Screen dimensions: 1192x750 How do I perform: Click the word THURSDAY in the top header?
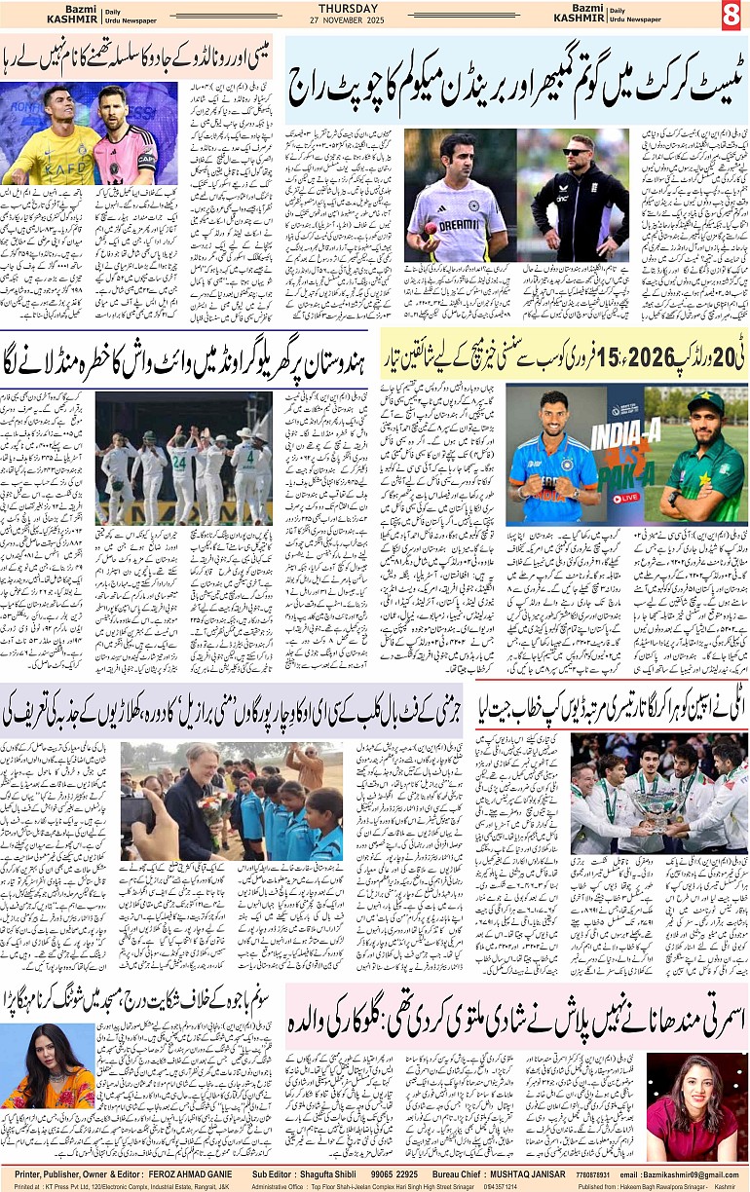(x=374, y=8)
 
